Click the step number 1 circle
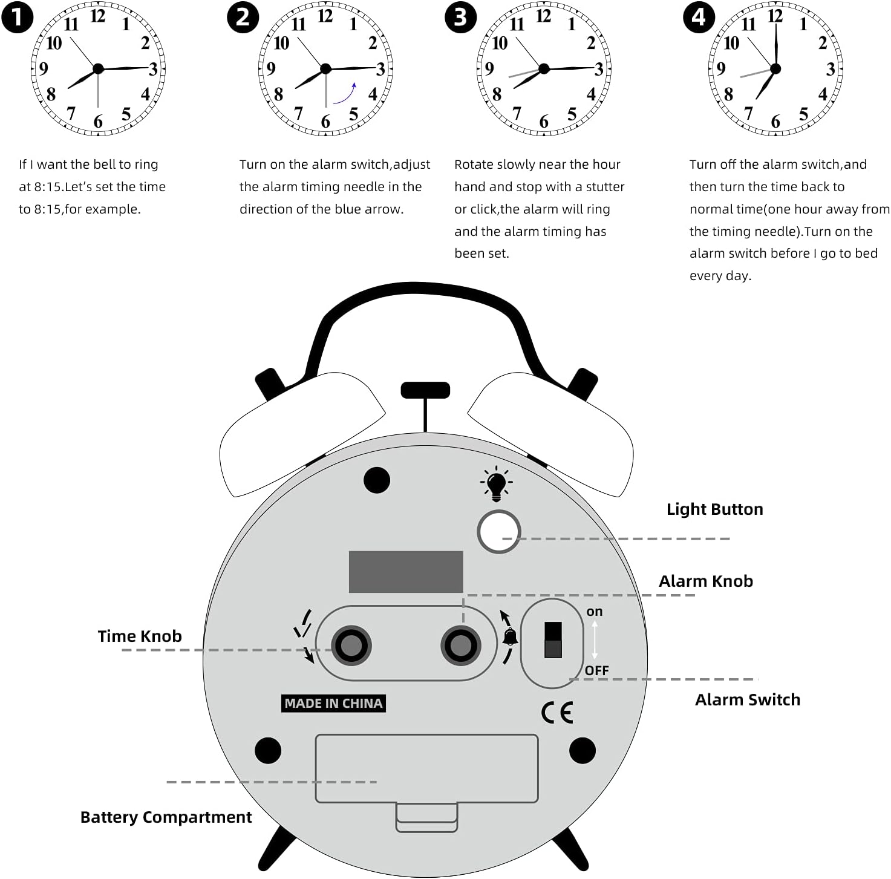click(18, 18)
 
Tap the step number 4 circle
click(699, 18)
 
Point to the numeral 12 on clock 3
click(543, 16)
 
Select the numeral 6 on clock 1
click(98, 122)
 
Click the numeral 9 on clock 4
click(720, 69)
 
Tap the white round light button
click(498, 532)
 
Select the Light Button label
click(714, 509)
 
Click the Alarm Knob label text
click(705, 581)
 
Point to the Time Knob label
click(140, 636)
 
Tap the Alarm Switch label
click(747, 700)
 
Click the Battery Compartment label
click(166, 817)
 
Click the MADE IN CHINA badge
click(333, 704)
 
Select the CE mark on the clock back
click(556, 713)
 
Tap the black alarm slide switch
click(553, 640)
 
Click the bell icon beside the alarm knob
click(510, 637)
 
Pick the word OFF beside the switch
click(596, 670)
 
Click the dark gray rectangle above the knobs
click(406, 572)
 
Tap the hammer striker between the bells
click(425, 391)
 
